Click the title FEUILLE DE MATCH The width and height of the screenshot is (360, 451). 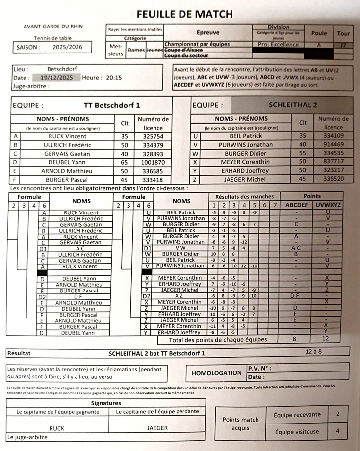(185, 14)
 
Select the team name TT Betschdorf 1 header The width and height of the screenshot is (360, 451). (112, 106)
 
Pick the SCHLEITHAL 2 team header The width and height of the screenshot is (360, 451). (292, 105)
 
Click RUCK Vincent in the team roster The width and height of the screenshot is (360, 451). (68, 136)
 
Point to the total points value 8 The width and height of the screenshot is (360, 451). (294, 339)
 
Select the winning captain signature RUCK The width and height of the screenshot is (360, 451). (57, 428)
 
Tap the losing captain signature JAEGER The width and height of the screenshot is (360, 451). (157, 428)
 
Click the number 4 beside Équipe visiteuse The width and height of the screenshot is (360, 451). (337, 432)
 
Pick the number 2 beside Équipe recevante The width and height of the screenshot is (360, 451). (337, 414)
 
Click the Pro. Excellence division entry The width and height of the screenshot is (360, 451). (278, 45)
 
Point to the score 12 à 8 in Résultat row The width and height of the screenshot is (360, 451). (314, 352)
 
